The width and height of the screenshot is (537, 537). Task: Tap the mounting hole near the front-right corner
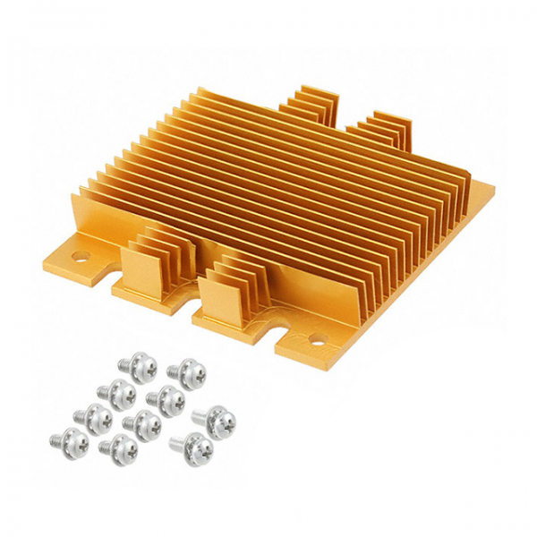[315, 339]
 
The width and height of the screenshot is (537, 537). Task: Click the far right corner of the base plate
[492, 185]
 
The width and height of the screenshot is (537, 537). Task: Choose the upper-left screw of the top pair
[140, 366]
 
